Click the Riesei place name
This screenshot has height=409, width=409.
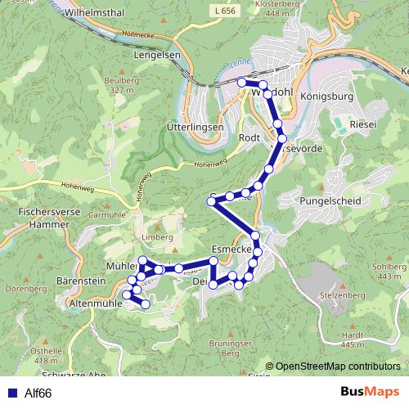[x=361, y=124]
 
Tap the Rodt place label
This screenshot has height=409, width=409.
[x=249, y=138]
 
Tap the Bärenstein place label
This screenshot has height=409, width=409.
[x=79, y=281]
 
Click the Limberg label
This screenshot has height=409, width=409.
[x=158, y=237]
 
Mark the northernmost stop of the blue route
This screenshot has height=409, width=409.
[x=242, y=83]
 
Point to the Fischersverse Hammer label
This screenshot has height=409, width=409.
[x=41, y=216]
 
